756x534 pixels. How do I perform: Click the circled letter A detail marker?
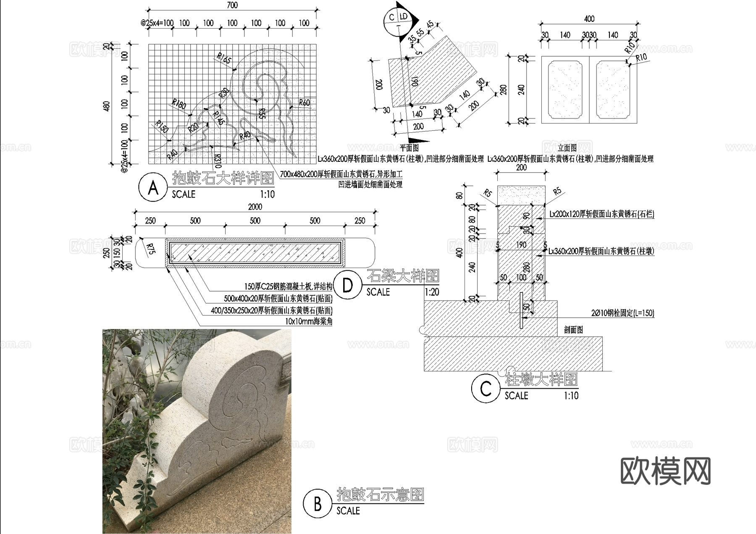(153, 188)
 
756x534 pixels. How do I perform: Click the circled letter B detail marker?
(318, 504)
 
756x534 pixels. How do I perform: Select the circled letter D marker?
(348, 285)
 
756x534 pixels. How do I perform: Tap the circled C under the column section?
(486, 389)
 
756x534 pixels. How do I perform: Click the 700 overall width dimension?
(232, 5)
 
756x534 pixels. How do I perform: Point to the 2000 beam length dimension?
(255, 207)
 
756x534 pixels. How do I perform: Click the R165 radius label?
(224, 59)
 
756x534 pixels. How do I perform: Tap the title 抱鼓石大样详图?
(223, 179)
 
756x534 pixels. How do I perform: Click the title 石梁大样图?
(403, 276)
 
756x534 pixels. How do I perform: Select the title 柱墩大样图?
(541, 380)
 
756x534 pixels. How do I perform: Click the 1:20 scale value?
(432, 292)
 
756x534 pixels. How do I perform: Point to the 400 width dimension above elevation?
(589, 19)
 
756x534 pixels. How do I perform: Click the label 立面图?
(567, 147)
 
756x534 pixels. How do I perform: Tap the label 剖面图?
(573, 330)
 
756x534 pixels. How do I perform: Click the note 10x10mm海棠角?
(308, 322)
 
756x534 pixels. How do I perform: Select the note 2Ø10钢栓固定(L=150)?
(622, 313)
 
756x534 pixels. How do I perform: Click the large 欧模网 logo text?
(665, 471)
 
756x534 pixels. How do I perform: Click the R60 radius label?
(304, 103)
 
